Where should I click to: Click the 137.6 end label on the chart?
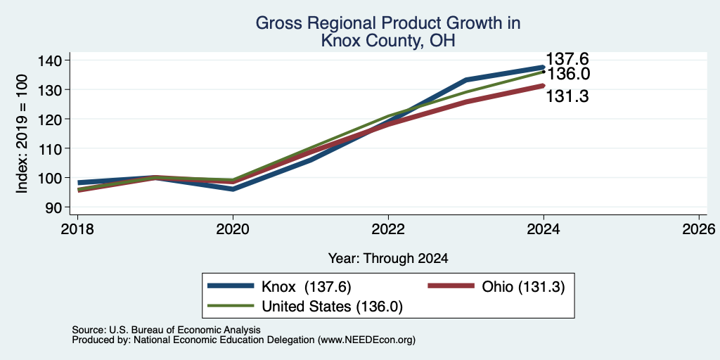tap(567, 59)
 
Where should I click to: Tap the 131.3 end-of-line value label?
tap(567, 96)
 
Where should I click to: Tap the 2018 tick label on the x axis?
tap(77, 229)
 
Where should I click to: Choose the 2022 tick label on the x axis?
tap(388, 229)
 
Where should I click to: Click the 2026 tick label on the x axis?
tap(699, 229)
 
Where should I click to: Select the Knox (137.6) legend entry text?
tap(307, 287)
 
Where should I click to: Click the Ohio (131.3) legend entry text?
tap(523, 287)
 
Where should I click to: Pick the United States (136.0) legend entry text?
tap(332, 307)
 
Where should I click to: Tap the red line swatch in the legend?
tap(451, 286)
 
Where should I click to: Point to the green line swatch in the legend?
tap(231, 306)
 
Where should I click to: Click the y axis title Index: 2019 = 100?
tap(22, 134)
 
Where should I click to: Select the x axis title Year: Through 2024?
tap(388, 259)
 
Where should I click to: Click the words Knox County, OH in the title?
tap(388, 41)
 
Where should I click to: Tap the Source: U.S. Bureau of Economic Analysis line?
tap(166, 330)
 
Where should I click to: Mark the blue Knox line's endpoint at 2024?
tap(544, 67)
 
